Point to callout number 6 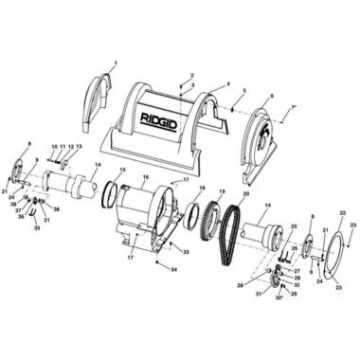tap(271, 96)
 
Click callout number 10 tap(55, 147)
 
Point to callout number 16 tap(145, 176)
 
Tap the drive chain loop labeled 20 tap(227, 237)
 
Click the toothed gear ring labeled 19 tap(210, 227)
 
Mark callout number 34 tap(172, 270)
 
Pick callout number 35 tap(37, 228)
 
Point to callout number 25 tap(294, 227)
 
